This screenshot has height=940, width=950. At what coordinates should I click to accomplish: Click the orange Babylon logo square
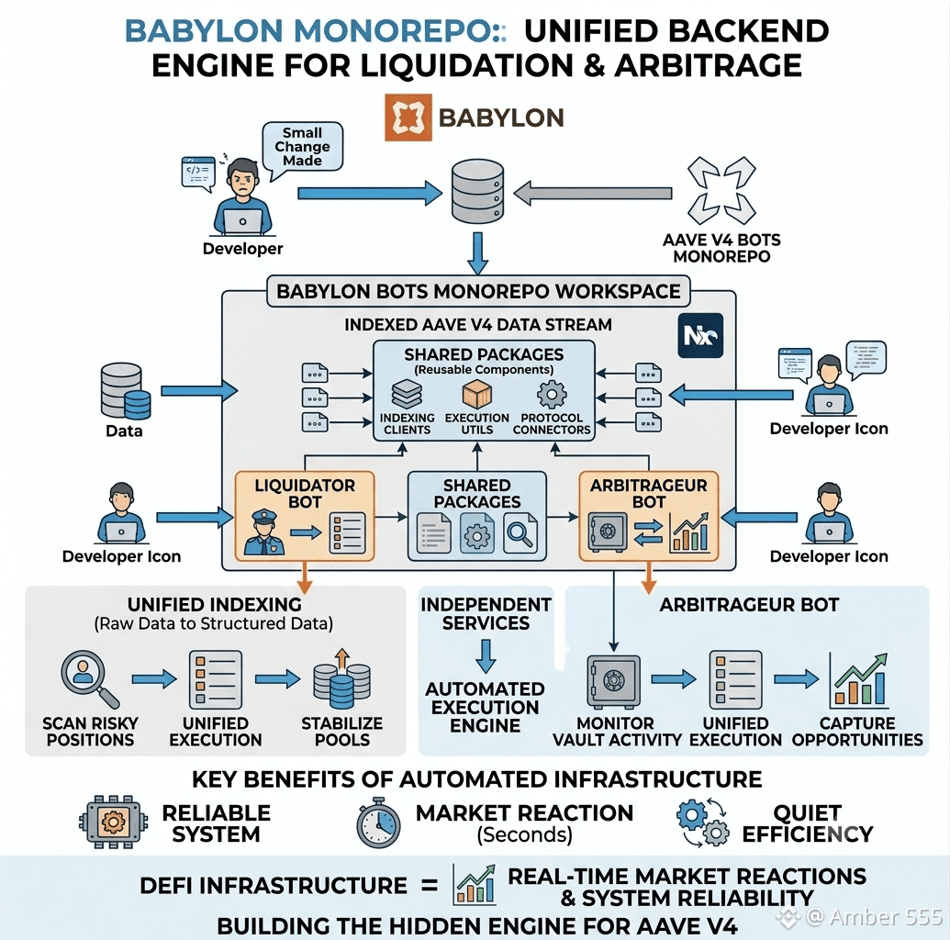coord(408,117)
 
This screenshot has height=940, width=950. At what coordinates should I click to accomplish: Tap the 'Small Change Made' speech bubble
coord(302,148)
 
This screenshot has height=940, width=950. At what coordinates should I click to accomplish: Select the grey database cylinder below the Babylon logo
coord(477,192)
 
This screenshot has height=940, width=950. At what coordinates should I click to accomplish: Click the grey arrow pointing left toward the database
coord(593,194)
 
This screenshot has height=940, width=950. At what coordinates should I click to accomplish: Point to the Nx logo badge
coord(700,335)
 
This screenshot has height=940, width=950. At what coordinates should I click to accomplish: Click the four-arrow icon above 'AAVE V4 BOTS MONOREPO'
coord(721,190)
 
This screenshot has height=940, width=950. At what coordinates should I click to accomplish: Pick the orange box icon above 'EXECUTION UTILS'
coord(476,394)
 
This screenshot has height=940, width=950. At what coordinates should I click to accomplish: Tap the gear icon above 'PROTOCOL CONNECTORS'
coord(552,395)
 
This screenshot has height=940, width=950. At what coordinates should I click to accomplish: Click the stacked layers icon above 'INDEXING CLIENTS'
coord(407,394)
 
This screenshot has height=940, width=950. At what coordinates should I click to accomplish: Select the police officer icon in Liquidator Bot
coord(263,532)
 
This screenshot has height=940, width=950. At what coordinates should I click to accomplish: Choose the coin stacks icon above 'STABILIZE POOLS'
coord(341,678)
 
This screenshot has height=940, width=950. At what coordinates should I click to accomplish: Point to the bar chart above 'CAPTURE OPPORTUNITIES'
coord(858,680)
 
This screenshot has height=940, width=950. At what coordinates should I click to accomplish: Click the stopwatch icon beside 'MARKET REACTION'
coord(378,823)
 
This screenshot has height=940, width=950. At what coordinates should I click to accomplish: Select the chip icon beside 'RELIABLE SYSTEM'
coord(113,822)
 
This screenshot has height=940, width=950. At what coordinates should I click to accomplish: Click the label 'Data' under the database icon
coord(124,431)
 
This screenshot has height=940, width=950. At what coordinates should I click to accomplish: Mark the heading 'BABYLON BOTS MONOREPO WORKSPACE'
coord(478,292)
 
